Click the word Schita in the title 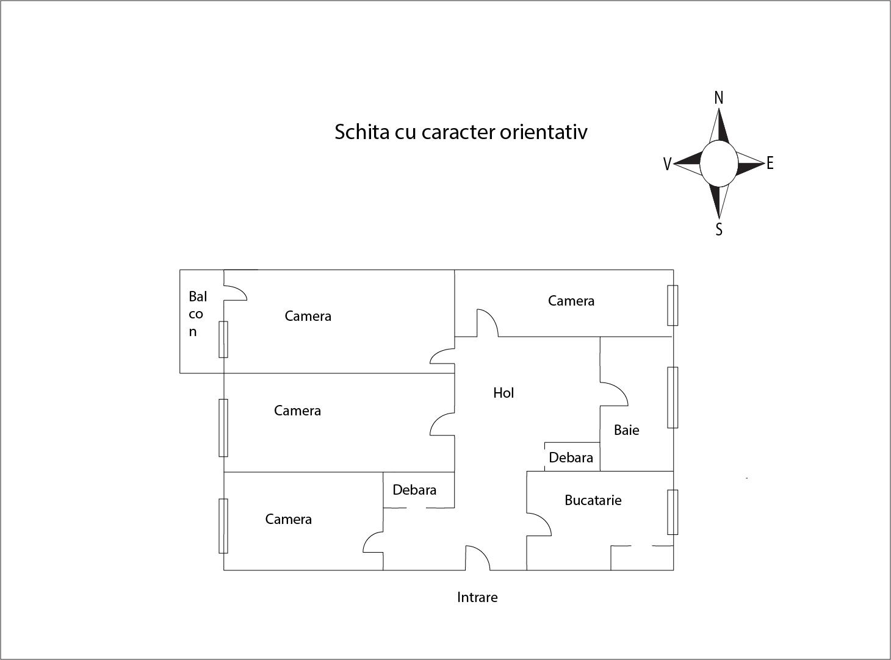[362, 132]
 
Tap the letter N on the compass [719, 98]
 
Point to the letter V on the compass [667, 164]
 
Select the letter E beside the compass [770, 163]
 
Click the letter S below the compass [719, 229]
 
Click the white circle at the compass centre [719, 163]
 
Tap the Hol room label [503, 392]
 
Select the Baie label [626, 430]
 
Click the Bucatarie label [593, 500]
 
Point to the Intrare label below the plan [477, 597]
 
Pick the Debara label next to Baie [571, 457]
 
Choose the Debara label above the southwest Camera [414, 489]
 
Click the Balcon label [198, 314]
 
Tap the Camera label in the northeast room [571, 301]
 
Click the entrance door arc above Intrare [478, 558]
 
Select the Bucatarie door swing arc [539, 524]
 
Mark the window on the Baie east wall [673, 397]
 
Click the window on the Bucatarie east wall [673, 512]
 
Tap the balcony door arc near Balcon [236, 293]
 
